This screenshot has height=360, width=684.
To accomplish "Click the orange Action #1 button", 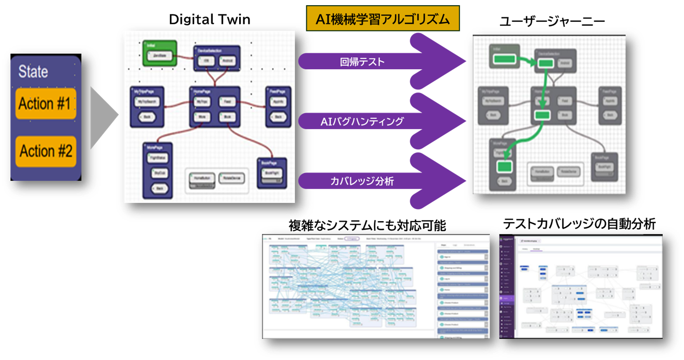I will pyautogui.click(x=45, y=103).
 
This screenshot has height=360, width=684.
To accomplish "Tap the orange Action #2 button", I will pyautogui.click(x=45, y=151).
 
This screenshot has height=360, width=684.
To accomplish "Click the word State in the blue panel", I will pyautogui.click(x=33, y=72).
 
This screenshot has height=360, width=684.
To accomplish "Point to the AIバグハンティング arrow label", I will pyautogui.click(x=362, y=122).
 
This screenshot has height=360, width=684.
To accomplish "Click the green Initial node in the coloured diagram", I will pyautogui.click(x=160, y=53).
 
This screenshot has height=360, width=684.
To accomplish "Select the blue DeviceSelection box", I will pyautogui.click(x=216, y=58).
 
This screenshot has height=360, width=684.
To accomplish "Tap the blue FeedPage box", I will pyautogui.click(x=278, y=106).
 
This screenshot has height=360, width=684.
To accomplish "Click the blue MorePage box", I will pyautogui.click(x=158, y=168).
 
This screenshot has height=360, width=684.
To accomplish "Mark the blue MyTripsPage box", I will pyautogui.click(x=146, y=106).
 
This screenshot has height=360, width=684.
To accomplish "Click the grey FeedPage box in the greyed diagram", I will pyautogui.click(x=611, y=105).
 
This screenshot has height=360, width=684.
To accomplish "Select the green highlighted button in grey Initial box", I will pyautogui.click(x=504, y=59).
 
